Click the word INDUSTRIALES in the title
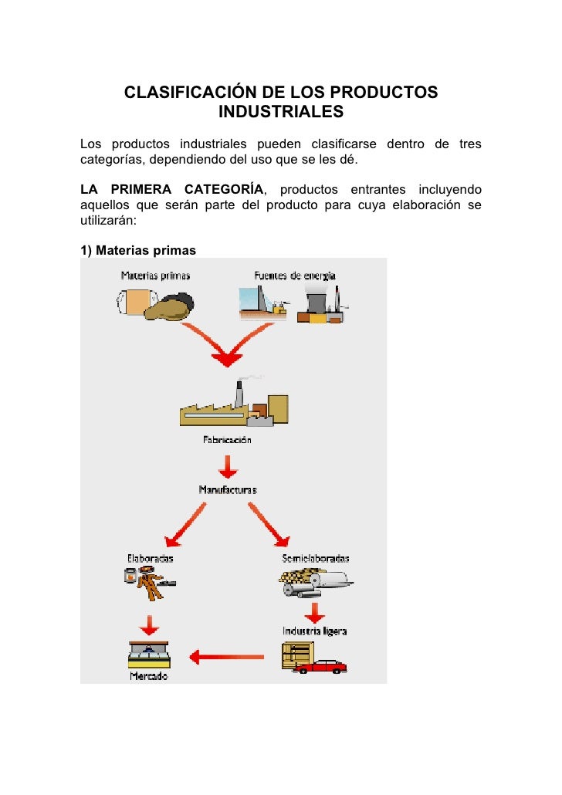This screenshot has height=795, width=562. (x=281, y=113)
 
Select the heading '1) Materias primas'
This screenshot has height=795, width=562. (x=138, y=250)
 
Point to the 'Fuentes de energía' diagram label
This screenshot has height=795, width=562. (x=294, y=276)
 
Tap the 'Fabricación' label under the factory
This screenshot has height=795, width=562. (x=226, y=441)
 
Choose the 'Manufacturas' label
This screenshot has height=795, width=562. (x=227, y=489)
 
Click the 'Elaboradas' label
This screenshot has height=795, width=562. (x=150, y=558)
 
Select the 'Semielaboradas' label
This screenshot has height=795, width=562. (x=316, y=558)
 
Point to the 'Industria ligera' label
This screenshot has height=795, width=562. (x=314, y=631)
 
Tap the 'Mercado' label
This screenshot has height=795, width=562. (x=148, y=677)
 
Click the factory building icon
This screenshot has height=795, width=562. (x=234, y=406)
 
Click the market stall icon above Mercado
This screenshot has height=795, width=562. (x=149, y=655)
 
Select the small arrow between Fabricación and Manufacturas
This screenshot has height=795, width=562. (x=227, y=465)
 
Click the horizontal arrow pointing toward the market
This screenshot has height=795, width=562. (x=227, y=658)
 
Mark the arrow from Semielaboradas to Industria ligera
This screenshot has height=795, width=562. (x=313, y=611)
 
